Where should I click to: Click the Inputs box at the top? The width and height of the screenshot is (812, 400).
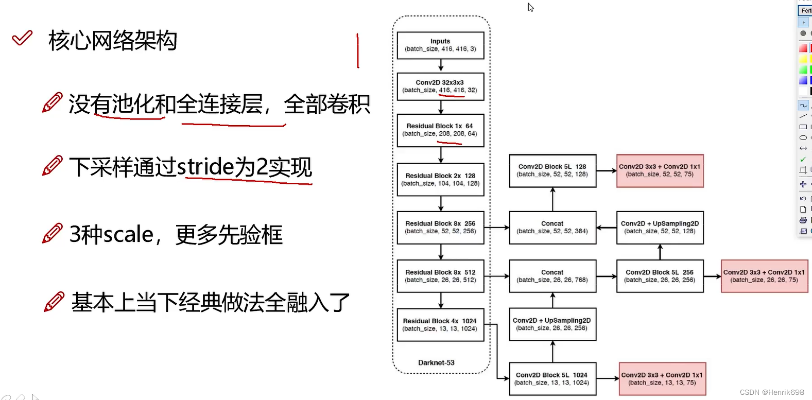pyautogui.click(x=440, y=45)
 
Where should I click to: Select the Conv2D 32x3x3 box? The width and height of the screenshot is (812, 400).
pyautogui.click(x=440, y=86)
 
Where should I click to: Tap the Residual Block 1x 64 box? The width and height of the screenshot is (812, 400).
pyautogui.click(x=440, y=130)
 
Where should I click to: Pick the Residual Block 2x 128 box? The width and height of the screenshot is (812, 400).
pyautogui.click(x=440, y=179)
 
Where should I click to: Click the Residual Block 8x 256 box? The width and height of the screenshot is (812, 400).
pyautogui.click(x=440, y=227)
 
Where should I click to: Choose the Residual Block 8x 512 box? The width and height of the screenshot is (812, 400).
pyautogui.click(x=440, y=276)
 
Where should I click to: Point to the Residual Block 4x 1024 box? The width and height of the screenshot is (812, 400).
pyautogui.click(x=440, y=324)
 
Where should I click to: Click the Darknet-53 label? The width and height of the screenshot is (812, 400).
pyautogui.click(x=436, y=362)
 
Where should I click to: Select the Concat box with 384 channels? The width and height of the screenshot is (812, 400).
pyautogui.click(x=552, y=227)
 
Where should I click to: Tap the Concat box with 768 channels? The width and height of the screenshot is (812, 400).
pyautogui.click(x=552, y=276)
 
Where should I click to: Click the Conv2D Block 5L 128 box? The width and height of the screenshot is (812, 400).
pyautogui.click(x=552, y=170)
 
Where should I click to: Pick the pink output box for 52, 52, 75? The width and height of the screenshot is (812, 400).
pyautogui.click(x=660, y=170)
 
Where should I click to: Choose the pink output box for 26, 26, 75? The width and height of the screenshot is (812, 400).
pyautogui.click(x=764, y=276)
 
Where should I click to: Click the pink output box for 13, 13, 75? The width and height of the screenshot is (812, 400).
pyautogui.click(x=662, y=378)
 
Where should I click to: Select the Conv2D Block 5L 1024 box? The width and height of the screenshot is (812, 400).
pyautogui.click(x=552, y=378)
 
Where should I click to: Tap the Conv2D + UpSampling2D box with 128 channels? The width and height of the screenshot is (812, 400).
pyautogui.click(x=660, y=227)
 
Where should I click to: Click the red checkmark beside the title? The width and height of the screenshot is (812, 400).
pyautogui.click(x=22, y=38)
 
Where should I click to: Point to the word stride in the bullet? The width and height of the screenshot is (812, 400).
pyautogui.click(x=205, y=167)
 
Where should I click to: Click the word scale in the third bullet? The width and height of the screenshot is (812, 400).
pyautogui.click(x=129, y=235)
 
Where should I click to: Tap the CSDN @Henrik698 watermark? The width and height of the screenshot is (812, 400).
pyautogui.click(x=771, y=392)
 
